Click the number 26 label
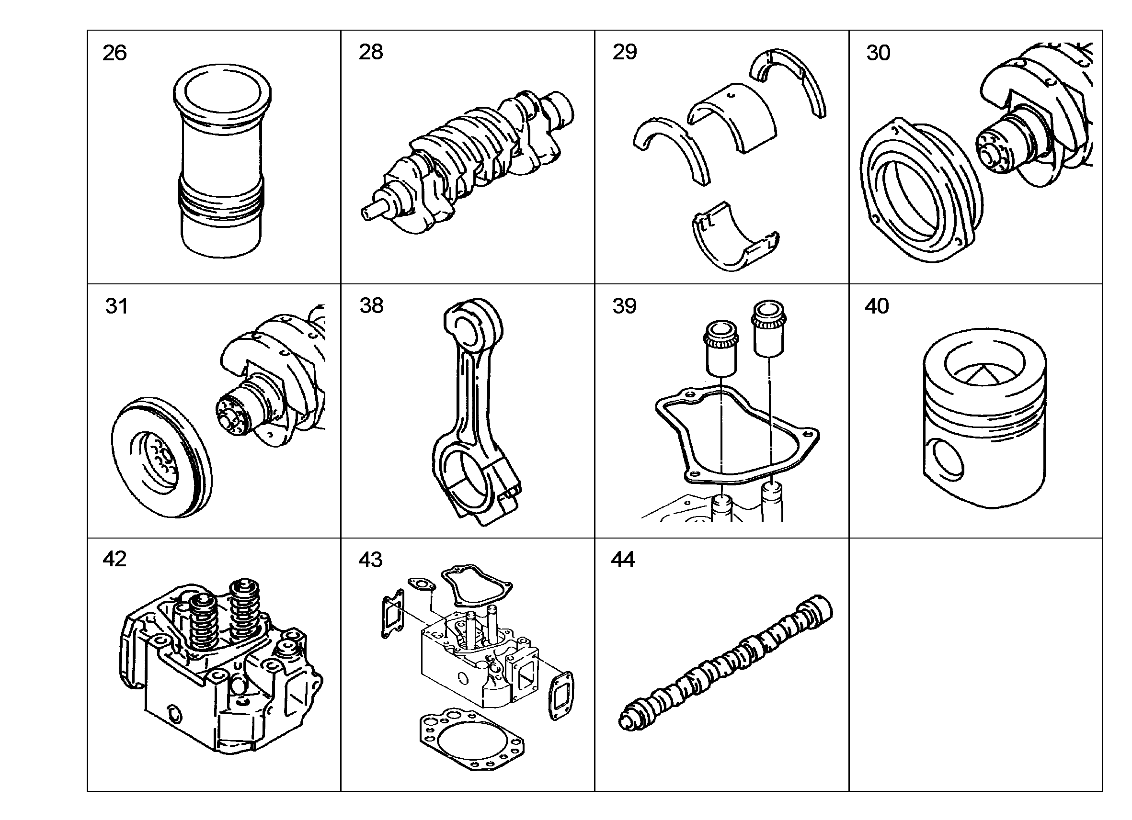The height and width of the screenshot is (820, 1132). click(x=114, y=53)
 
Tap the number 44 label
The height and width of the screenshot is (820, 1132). click(x=623, y=559)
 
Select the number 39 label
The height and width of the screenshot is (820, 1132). click(x=624, y=306)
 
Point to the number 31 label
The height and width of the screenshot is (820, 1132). click(x=116, y=306)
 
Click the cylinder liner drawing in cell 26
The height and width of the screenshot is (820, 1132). click(x=222, y=161)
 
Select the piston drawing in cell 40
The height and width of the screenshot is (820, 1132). click(x=984, y=417)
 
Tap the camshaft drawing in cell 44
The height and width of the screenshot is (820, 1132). click(x=726, y=663)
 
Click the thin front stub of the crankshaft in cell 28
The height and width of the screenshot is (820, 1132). click(x=372, y=211)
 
